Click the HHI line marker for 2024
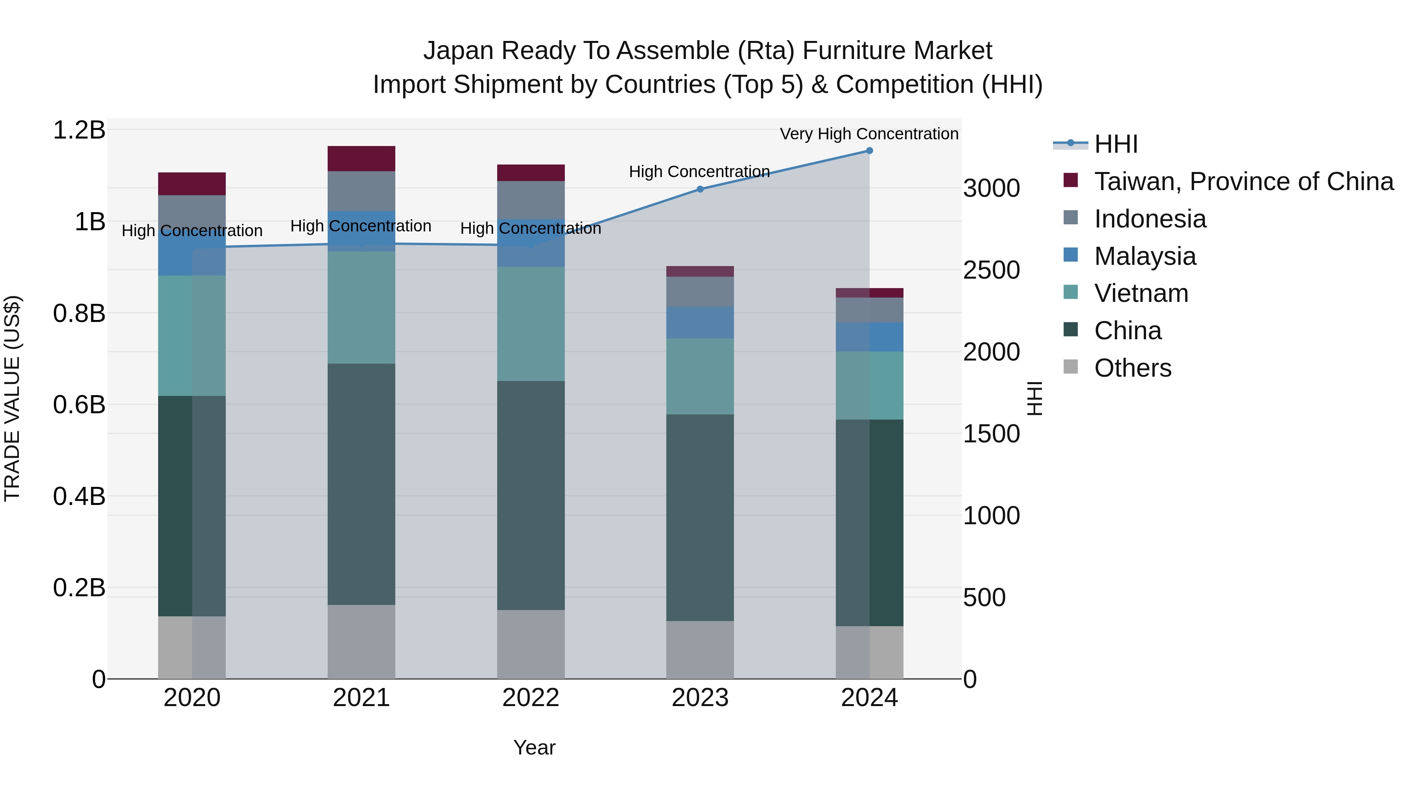869,150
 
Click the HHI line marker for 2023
700,189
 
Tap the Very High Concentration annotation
868,134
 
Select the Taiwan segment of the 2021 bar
361,158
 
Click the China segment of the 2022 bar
531,495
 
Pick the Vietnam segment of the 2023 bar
700,376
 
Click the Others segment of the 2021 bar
361,642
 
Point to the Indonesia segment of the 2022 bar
531,200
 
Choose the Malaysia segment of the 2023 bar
700,322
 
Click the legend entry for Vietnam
1141,293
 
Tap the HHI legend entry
1115,144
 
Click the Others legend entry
1132,368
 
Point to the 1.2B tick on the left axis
79,130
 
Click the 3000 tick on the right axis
992,188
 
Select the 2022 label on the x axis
531,698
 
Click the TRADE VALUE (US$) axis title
12,398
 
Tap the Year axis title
534,747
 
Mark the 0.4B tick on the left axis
79,496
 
